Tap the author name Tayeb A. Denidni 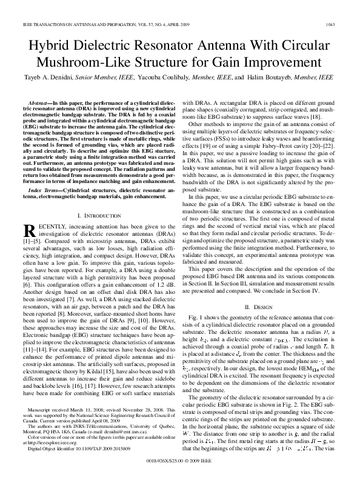49,78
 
